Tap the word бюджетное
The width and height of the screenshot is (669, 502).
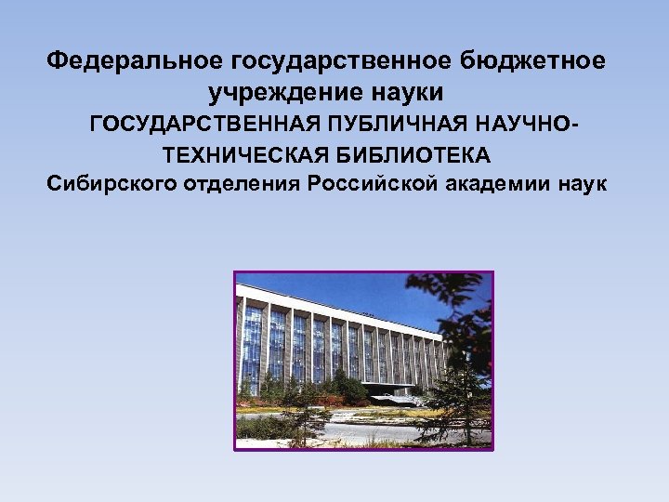coord(539,61)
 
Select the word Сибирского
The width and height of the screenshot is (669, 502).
coord(105,182)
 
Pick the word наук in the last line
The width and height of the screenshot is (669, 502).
coord(583,182)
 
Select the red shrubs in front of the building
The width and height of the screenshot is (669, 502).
coord(325,398)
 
